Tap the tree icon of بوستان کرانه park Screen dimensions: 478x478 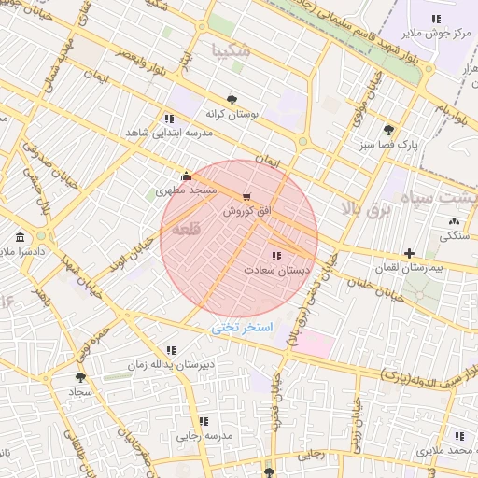(x=232, y=99)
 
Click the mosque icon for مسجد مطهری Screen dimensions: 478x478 (x=187, y=176)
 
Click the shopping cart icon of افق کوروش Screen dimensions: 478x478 (x=246, y=197)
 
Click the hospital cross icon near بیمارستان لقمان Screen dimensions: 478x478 (x=409, y=253)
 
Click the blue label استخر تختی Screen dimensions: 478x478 (x=242, y=328)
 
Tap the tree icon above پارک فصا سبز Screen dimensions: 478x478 (x=388, y=131)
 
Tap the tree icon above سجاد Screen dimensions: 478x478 (x=80, y=377)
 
